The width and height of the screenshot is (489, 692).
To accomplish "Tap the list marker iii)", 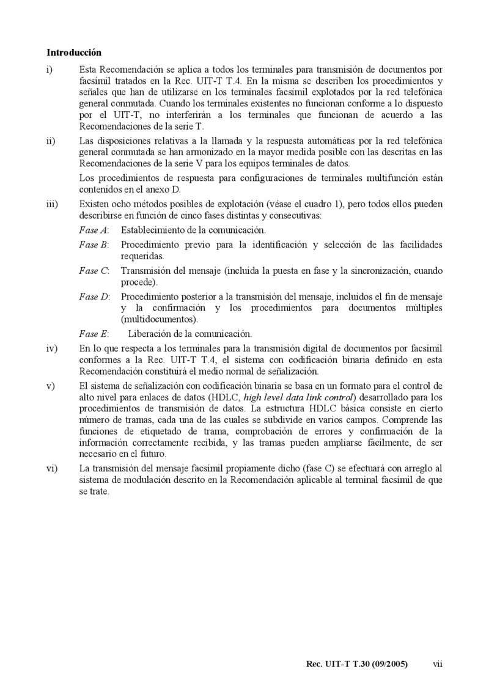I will (x=51, y=204).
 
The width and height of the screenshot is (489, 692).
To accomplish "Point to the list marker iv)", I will (x=51, y=348).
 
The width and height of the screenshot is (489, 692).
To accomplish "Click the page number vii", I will (x=437, y=663).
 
